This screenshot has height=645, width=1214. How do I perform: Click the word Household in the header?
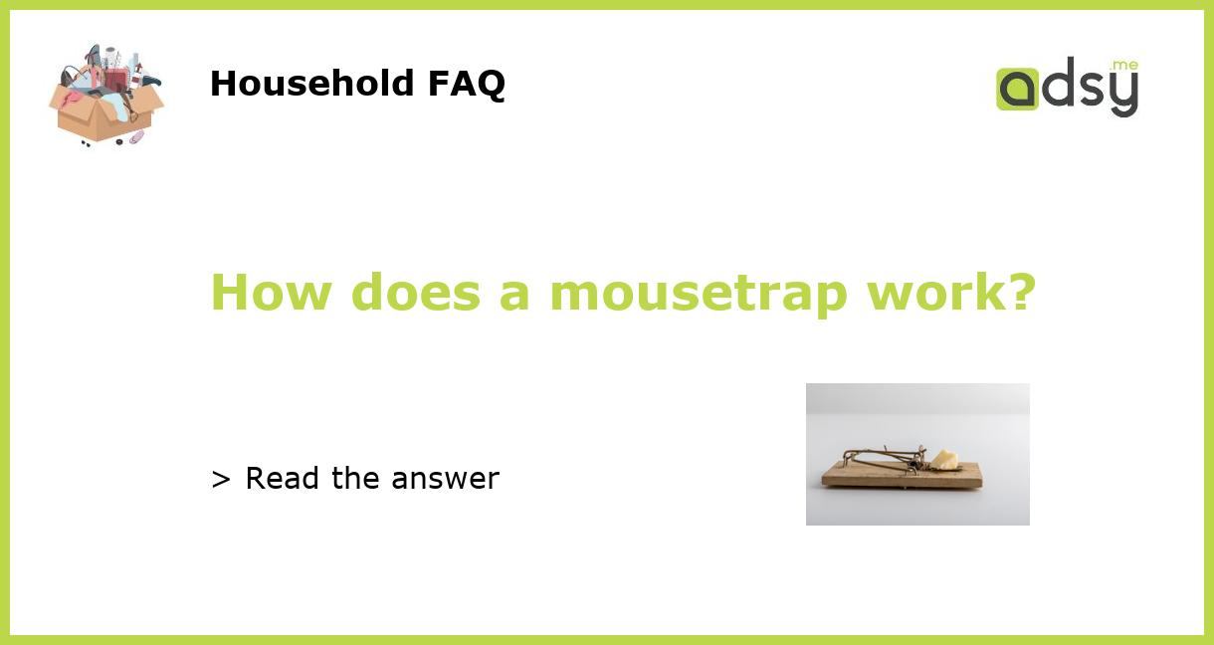[312, 84]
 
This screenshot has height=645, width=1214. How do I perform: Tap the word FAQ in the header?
[467, 84]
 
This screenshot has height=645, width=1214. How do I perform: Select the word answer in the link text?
[445, 480]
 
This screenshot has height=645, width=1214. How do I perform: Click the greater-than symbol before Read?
[221, 480]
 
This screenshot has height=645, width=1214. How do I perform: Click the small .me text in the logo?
[1124, 66]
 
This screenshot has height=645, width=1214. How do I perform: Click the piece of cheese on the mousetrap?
[942, 459]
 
